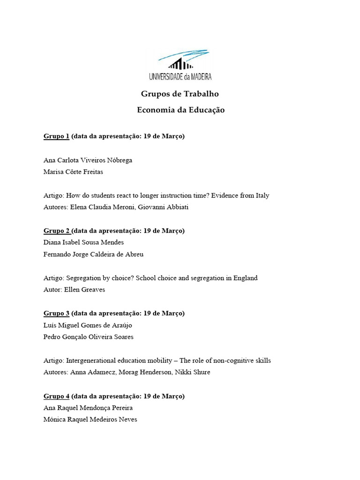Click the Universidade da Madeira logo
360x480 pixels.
click(180, 65)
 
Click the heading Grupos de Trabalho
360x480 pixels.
click(180, 94)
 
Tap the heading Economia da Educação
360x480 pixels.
click(180, 110)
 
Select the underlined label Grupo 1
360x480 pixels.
click(56, 136)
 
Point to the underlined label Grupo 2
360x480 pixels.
click(57, 231)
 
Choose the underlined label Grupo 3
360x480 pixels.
click(56, 313)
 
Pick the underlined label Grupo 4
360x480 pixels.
click(56, 396)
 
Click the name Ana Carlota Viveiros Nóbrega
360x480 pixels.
click(88, 160)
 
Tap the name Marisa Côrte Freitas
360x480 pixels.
click(73, 172)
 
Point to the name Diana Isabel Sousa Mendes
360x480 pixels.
click(83, 242)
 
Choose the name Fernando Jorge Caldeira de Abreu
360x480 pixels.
click(93, 254)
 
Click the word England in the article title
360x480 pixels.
click(243, 278)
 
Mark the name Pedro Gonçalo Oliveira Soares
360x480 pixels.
click(88, 337)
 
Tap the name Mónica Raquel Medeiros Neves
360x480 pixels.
click(90, 420)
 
